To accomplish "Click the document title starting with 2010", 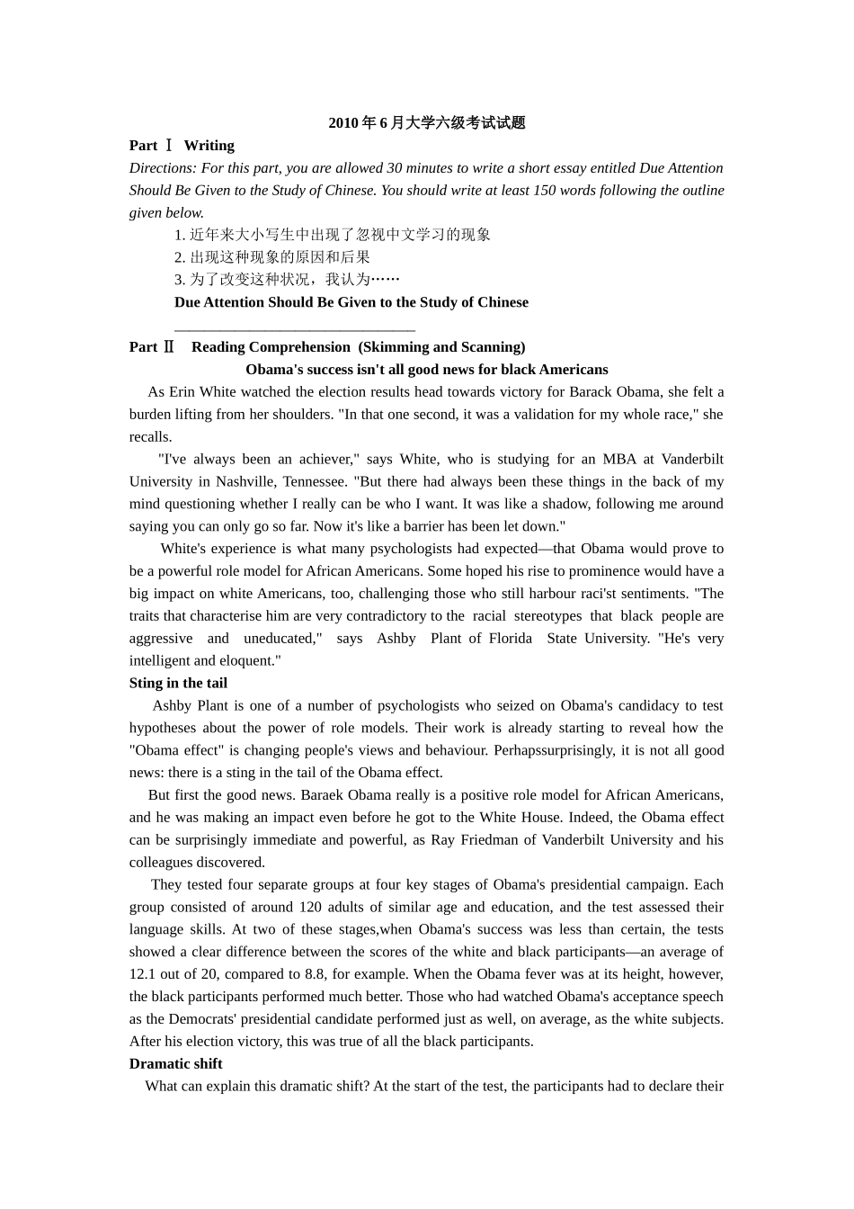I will (x=426, y=123).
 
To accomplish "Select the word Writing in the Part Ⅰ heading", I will (x=209, y=146).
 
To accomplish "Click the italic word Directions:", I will (x=163, y=168).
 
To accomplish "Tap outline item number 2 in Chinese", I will (x=271, y=257).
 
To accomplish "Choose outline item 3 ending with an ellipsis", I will (x=287, y=280).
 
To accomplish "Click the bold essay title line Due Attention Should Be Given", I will (x=351, y=302).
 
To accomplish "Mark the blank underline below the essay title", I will (x=294, y=330).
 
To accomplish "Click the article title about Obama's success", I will (x=426, y=370).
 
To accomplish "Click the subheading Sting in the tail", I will (x=178, y=684).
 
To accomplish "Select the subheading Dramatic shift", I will (x=175, y=1064).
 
